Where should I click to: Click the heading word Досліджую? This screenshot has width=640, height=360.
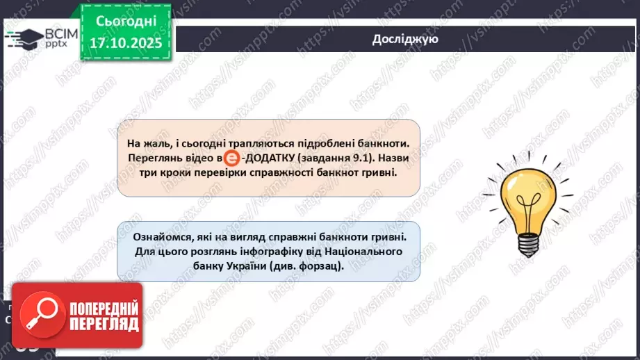pyautogui.click(x=404, y=40)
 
